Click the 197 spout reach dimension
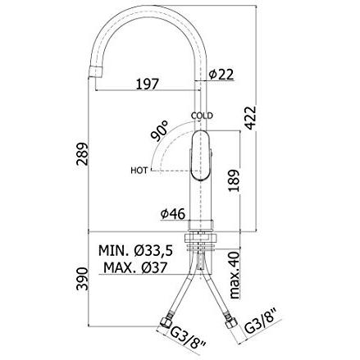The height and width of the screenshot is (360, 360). tap(148, 84)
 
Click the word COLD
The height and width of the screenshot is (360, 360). tap(202, 116)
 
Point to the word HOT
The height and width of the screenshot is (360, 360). tap(139, 171)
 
